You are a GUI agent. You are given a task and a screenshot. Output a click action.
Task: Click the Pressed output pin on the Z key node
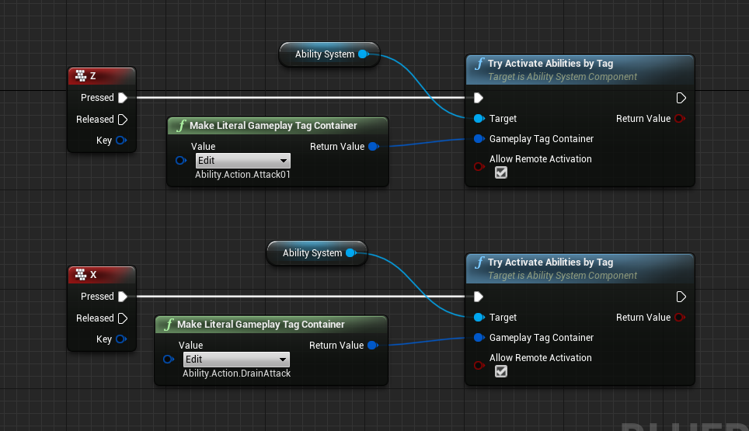[x=123, y=98]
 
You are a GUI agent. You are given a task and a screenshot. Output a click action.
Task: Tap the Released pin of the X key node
[x=123, y=318]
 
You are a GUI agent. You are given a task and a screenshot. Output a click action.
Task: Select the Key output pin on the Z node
[x=121, y=141]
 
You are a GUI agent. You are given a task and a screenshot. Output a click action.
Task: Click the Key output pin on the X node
[x=121, y=339]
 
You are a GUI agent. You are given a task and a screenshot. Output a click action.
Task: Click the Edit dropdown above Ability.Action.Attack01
[x=242, y=161]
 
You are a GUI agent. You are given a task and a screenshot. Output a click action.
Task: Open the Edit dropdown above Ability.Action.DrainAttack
[x=236, y=360]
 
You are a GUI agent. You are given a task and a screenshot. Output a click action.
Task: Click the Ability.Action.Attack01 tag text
[x=242, y=175]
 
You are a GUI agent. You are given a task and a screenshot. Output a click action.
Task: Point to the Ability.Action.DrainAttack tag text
[x=236, y=374]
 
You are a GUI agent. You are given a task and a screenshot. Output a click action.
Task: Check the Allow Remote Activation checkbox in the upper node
[x=501, y=172]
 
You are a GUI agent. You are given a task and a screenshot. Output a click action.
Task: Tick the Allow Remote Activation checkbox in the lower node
[x=501, y=371]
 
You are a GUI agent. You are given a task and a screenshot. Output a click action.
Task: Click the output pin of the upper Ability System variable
[x=364, y=54]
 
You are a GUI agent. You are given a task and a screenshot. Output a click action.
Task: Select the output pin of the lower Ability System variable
[x=351, y=253]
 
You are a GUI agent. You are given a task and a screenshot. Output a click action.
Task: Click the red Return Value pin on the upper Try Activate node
[x=680, y=118]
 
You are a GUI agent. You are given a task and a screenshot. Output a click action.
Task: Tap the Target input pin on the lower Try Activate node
[x=479, y=318]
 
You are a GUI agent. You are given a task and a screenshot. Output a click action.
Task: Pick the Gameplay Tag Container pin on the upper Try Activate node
[x=479, y=139]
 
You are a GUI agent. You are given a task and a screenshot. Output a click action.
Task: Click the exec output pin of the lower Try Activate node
[x=681, y=297]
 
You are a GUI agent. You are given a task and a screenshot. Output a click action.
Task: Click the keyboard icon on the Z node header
[x=81, y=75]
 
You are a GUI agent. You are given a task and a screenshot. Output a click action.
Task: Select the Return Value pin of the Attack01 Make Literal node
[x=374, y=147]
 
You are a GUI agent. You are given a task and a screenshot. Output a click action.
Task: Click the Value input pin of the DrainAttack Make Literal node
[x=168, y=359]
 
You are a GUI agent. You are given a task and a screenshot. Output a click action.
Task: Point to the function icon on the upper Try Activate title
[x=479, y=64]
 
